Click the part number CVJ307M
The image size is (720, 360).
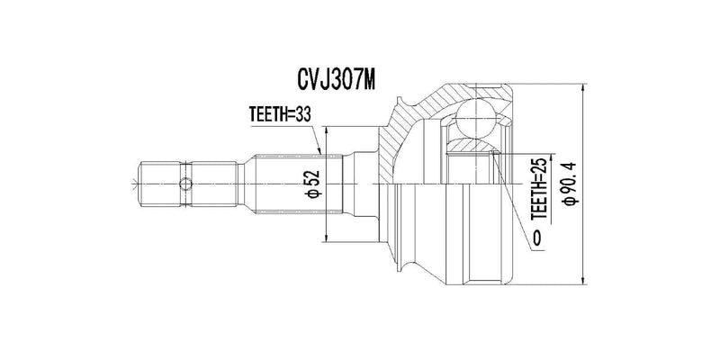(337, 79)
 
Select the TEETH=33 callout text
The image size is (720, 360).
(280, 114)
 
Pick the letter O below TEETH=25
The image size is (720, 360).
(536, 238)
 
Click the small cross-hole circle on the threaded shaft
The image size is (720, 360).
(185, 184)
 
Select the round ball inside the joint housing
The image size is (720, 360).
(477, 118)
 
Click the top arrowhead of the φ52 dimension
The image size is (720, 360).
(326, 131)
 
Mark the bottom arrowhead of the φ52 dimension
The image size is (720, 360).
(326, 237)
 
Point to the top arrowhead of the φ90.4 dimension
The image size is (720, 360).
(583, 88)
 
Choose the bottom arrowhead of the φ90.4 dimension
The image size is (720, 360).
(583, 280)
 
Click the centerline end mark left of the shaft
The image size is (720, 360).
(134, 184)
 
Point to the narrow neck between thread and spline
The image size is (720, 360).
(240, 184)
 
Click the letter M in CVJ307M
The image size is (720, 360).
(368, 79)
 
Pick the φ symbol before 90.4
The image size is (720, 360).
(572, 201)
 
